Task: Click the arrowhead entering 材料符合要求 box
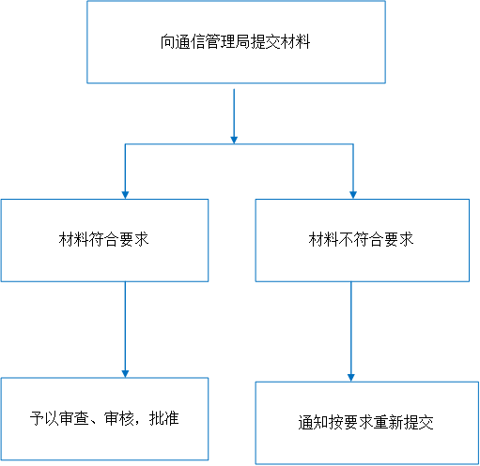(125, 195)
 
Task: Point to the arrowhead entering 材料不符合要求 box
(353, 195)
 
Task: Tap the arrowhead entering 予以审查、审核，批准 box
(125, 374)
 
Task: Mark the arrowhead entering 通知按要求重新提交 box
(351, 378)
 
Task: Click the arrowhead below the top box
(234, 140)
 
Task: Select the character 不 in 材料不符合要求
(346, 239)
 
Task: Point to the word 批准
(164, 418)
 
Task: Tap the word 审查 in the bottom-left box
(74, 418)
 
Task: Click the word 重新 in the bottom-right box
(389, 423)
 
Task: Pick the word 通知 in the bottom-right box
(313, 423)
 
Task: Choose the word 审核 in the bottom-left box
(119, 418)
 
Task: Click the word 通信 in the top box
(191, 42)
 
